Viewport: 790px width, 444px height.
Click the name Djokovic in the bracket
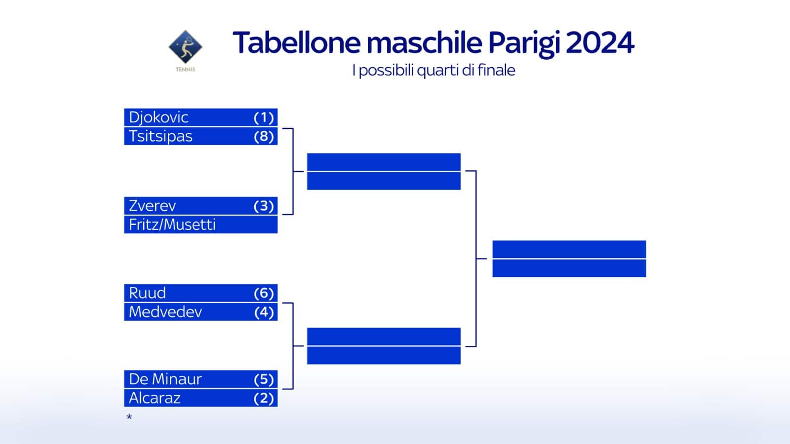(158, 117)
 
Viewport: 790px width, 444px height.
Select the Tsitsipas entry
(160, 136)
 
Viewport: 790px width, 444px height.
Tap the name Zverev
(152, 206)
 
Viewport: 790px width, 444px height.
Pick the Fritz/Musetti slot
(172, 224)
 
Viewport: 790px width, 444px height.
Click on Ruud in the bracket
(147, 293)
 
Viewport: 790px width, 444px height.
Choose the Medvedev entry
(165, 312)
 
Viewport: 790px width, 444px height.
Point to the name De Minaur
(165, 379)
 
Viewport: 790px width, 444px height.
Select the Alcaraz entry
(155, 398)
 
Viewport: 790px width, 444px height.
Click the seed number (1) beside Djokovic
(264, 117)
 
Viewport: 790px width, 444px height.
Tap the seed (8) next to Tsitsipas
(264, 136)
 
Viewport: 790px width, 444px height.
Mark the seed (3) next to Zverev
(264, 206)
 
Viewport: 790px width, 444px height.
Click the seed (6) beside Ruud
(264, 293)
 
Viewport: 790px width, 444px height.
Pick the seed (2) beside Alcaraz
(264, 398)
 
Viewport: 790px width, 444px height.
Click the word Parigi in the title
(524, 43)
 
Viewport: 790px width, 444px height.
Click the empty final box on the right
(569, 259)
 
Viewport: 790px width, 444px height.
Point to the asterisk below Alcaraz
(129, 417)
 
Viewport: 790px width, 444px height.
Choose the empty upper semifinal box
(384, 171)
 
